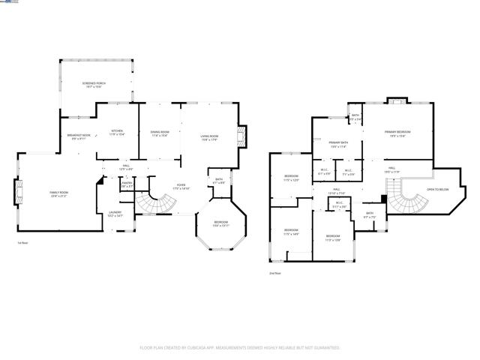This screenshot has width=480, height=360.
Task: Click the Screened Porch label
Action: click(x=92, y=85)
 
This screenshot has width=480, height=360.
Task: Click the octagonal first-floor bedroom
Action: click(x=220, y=224)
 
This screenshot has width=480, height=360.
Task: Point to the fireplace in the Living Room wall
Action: click(x=241, y=137)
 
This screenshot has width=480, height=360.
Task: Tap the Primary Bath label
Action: click(x=338, y=145)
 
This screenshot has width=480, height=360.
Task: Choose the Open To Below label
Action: click(x=437, y=190)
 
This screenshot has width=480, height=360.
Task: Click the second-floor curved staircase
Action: click(x=408, y=201)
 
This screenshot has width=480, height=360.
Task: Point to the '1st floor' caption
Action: click(x=23, y=243)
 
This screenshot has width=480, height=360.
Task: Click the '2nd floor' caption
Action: click(x=275, y=274)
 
